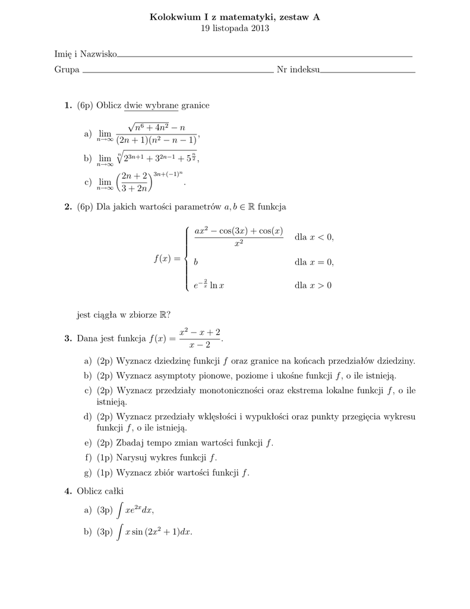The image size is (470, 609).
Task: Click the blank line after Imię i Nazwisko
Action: tap(264, 55)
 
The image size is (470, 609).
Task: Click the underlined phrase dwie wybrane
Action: tap(151, 105)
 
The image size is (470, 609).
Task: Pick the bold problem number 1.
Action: tap(68, 105)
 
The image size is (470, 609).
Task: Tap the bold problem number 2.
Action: tap(68, 206)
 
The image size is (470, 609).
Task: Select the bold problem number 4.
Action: tap(68, 491)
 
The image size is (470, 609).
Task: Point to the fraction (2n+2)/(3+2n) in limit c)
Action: tap(134, 181)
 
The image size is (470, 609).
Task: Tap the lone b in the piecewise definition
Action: tap(196, 262)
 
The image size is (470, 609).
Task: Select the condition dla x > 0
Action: tap(313, 285)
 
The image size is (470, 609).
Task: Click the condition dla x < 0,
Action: tap(314, 237)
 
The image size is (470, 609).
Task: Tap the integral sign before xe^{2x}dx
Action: tap(121, 510)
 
